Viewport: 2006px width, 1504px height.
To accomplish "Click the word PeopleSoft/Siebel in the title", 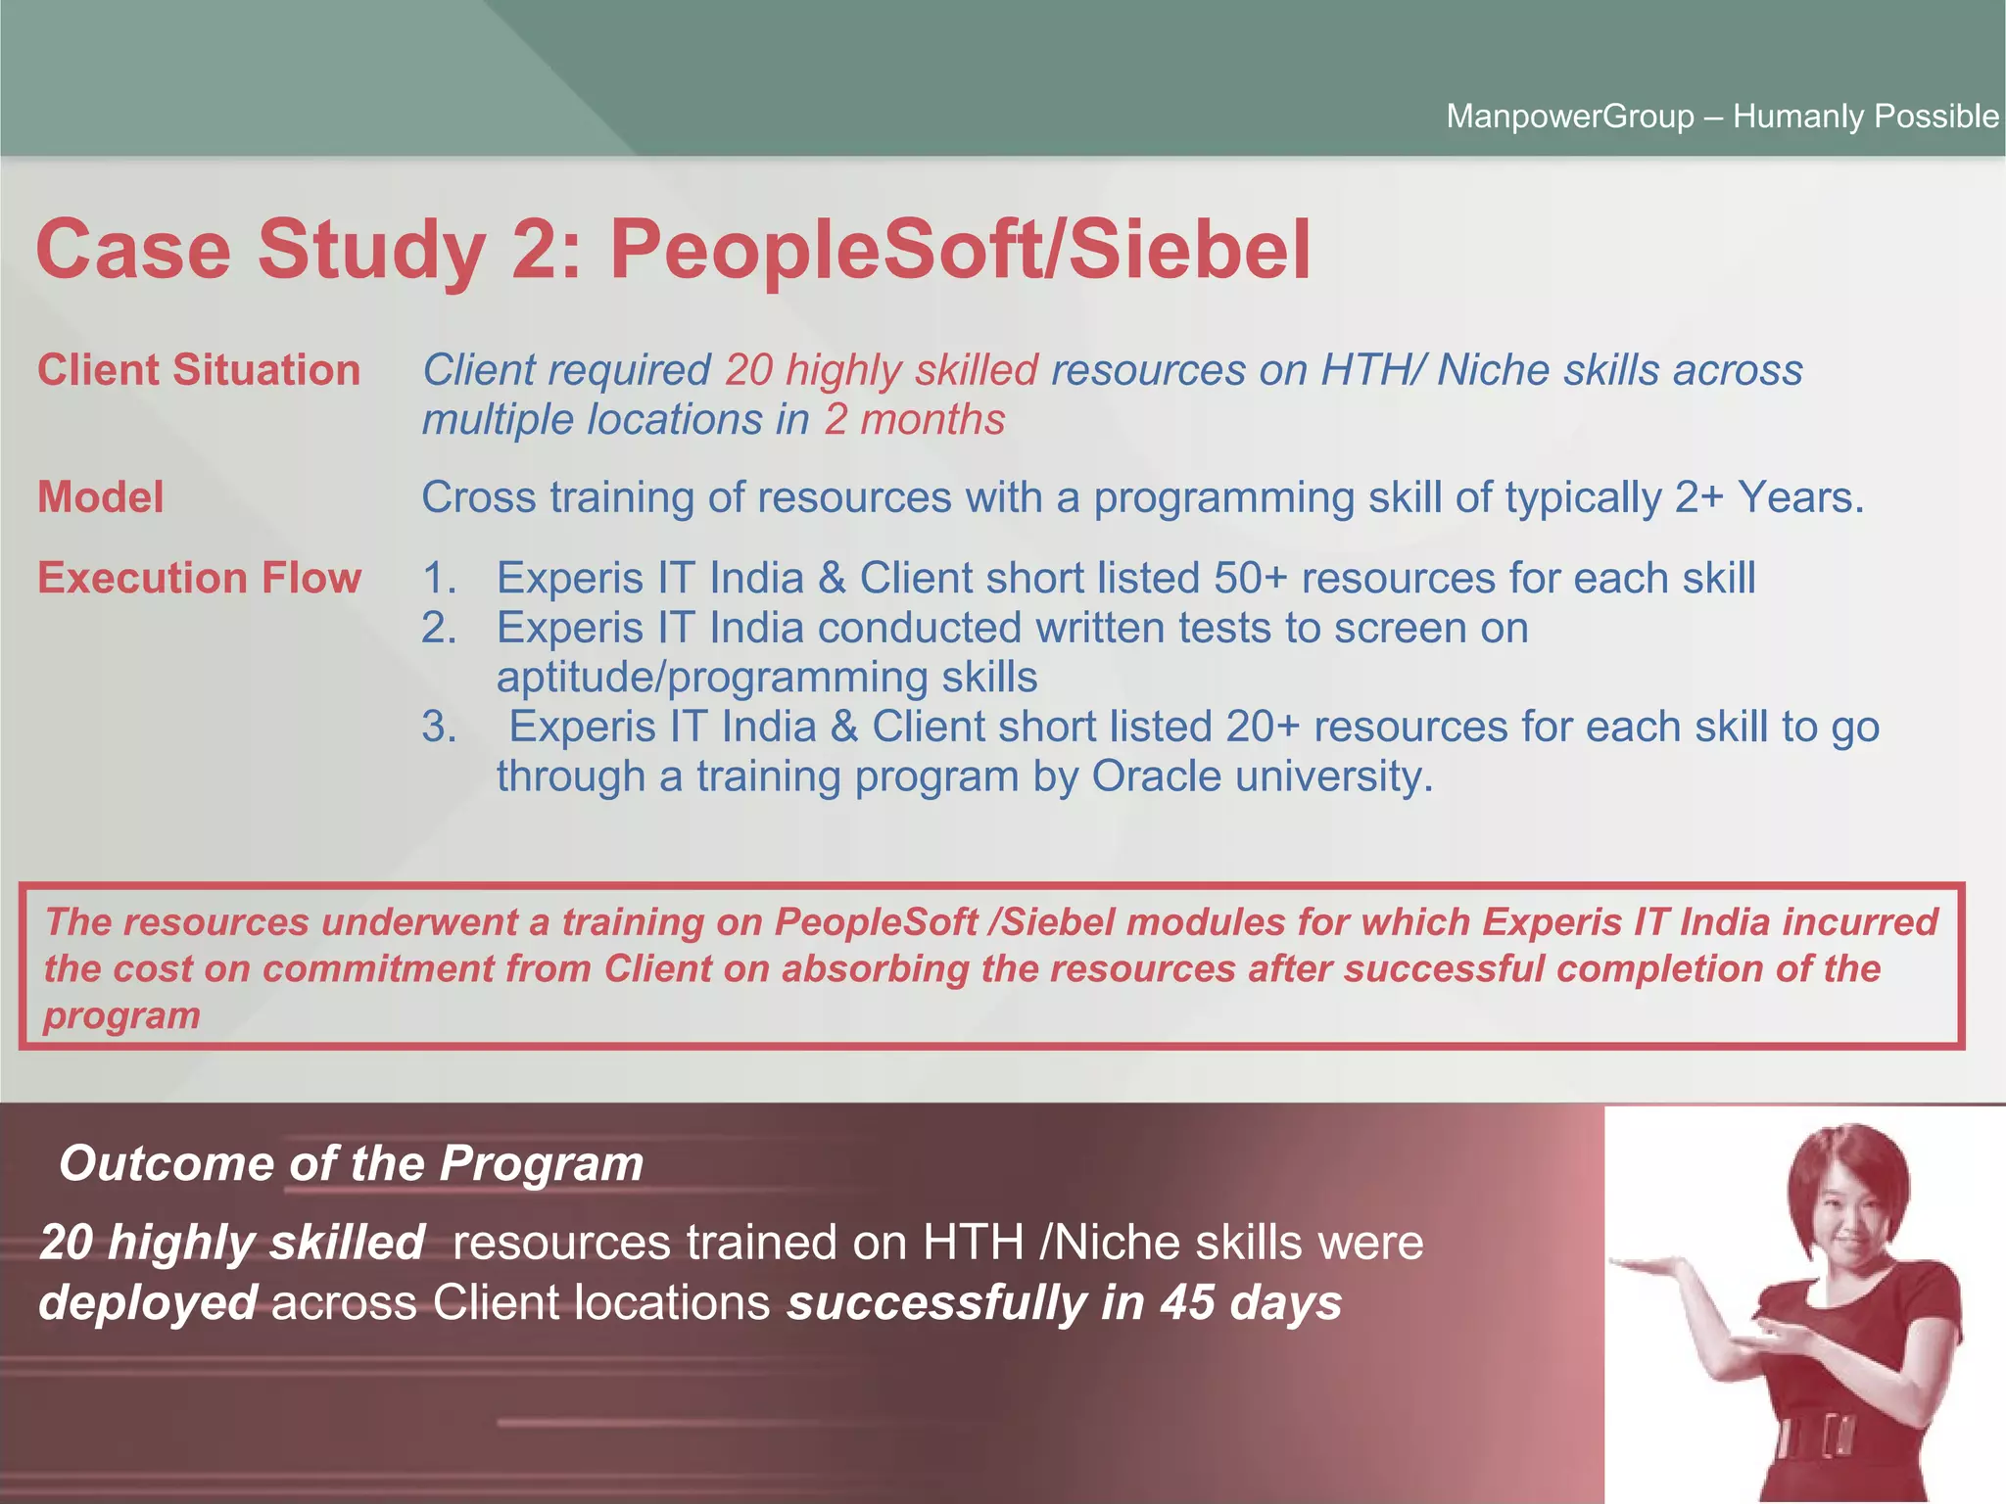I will coord(960,250).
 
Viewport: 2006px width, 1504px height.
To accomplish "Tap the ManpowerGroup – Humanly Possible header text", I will coord(1722,117).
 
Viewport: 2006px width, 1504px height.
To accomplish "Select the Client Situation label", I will coord(199,370).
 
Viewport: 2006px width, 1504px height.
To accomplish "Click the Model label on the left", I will coord(100,497).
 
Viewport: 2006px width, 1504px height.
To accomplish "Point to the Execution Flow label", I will coord(199,578).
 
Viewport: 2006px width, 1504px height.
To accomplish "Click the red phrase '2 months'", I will coord(915,419).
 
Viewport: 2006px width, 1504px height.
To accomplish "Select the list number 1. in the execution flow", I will coord(439,578).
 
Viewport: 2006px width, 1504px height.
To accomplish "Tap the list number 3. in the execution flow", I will coord(439,727).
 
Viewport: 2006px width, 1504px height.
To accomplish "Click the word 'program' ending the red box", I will coord(121,1015).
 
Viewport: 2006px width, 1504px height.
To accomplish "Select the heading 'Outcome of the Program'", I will coord(351,1163).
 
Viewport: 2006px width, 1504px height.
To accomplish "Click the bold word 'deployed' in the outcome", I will coord(148,1303).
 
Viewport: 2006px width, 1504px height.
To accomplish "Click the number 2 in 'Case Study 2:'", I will coord(535,250).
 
